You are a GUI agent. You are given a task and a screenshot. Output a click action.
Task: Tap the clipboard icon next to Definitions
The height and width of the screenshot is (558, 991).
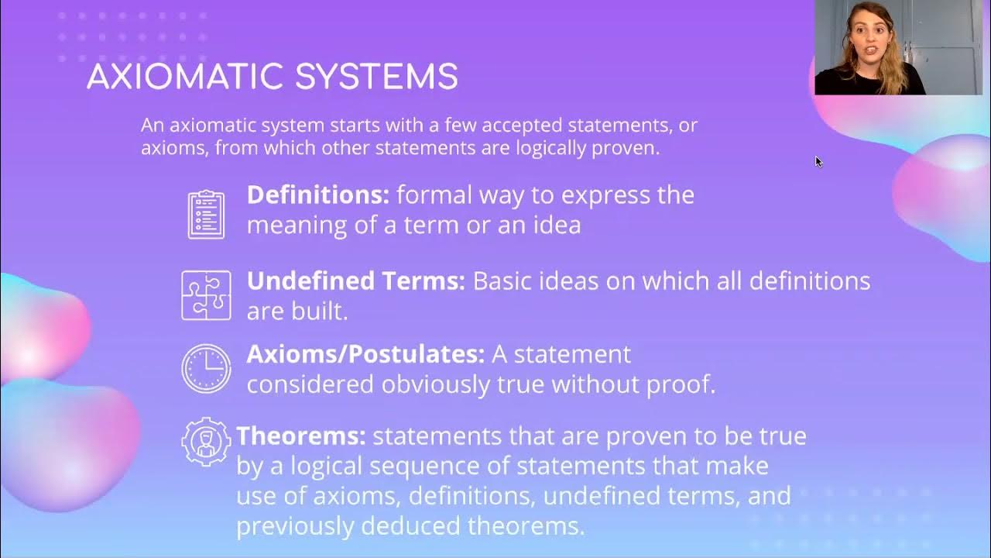pyautogui.click(x=206, y=214)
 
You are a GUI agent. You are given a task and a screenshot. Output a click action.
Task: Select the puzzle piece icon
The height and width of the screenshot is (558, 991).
pyautogui.click(x=206, y=295)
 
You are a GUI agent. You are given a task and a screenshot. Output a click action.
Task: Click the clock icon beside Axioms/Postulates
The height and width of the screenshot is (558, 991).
pyautogui.click(x=206, y=368)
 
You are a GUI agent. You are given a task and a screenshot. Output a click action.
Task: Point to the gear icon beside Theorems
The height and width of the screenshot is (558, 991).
pyautogui.click(x=206, y=441)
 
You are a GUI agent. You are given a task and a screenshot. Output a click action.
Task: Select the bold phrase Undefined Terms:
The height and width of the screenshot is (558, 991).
pyautogui.click(x=355, y=281)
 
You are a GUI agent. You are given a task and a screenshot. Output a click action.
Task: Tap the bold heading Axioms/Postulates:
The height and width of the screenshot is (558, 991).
pyautogui.click(x=365, y=354)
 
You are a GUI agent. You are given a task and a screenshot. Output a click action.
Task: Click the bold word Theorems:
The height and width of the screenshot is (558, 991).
pyautogui.click(x=301, y=436)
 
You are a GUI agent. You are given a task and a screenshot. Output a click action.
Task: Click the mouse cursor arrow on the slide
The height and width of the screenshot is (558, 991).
pyautogui.click(x=818, y=161)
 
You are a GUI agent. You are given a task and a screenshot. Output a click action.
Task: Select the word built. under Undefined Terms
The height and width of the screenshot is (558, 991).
pyautogui.click(x=317, y=312)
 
